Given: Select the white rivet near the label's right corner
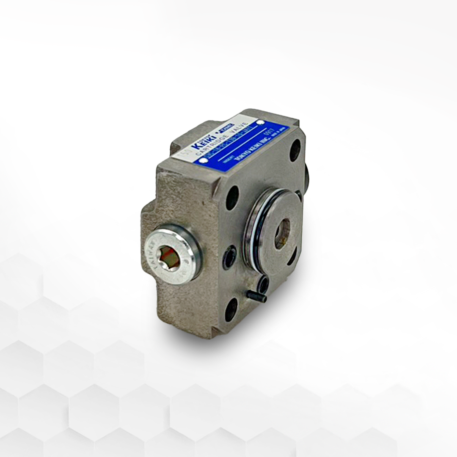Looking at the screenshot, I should pyautogui.click(x=261, y=123).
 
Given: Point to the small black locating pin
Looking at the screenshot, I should pyautogui.click(x=256, y=296).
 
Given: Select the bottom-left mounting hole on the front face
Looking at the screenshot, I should pyautogui.click(x=231, y=310).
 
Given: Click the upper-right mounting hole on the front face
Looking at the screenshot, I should pyautogui.click(x=295, y=150).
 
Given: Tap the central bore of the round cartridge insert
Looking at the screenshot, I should pyautogui.click(x=282, y=234).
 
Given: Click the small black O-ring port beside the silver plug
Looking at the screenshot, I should pyautogui.click(x=230, y=257).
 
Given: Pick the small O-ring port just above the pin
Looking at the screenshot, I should pyautogui.click(x=263, y=284).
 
